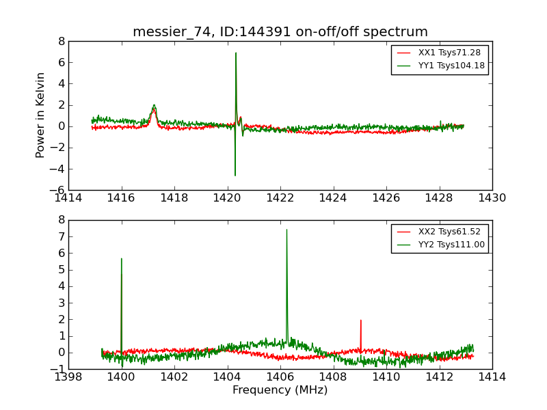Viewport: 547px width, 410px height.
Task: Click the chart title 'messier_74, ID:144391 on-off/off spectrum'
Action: click(x=280, y=32)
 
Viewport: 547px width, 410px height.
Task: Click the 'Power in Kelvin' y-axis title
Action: click(x=41, y=115)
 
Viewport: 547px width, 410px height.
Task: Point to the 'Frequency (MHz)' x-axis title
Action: click(x=280, y=390)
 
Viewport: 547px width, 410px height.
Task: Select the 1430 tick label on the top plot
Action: click(x=492, y=198)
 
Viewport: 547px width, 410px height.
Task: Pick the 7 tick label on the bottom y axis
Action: click(x=61, y=236)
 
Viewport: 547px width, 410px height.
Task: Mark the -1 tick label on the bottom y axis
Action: click(x=58, y=369)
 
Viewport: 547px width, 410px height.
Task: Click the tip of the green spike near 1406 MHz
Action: click(x=286, y=230)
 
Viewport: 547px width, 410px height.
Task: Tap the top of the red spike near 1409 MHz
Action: click(x=360, y=320)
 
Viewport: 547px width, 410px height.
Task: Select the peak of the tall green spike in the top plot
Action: click(x=236, y=53)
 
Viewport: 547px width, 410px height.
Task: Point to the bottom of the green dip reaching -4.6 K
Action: click(x=235, y=175)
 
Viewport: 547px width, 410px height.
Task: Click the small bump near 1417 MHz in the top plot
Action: click(x=154, y=106)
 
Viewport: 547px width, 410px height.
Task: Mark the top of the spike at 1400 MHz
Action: click(x=122, y=259)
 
